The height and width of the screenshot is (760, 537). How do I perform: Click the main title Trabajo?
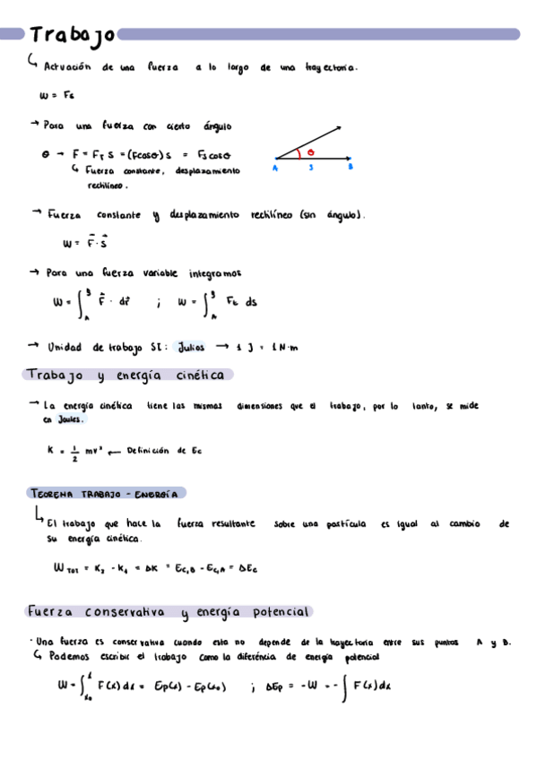click(71, 35)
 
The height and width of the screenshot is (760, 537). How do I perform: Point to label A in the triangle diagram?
click(275, 168)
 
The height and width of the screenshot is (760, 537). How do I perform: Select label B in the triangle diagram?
click(350, 168)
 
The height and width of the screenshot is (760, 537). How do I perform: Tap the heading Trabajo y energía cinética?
click(130, 375)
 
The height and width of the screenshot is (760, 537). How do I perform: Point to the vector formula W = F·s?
click(85, 242)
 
